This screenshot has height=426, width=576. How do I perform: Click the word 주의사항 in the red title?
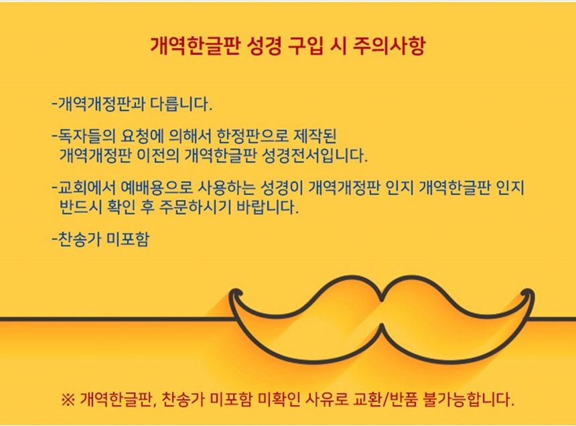click(x=388, y=46)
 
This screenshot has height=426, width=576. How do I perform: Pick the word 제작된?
click(x=315, y=136)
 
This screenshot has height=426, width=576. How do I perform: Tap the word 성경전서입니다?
click(x=314, y=155)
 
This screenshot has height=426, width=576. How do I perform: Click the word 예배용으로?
click(x=157, y=188)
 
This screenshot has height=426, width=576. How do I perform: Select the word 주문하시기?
click(x=195, y=208)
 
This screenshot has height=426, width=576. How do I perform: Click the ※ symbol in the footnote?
click(x=68, y=400)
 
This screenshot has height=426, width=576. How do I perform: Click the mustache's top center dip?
click(x=382, y=298)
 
